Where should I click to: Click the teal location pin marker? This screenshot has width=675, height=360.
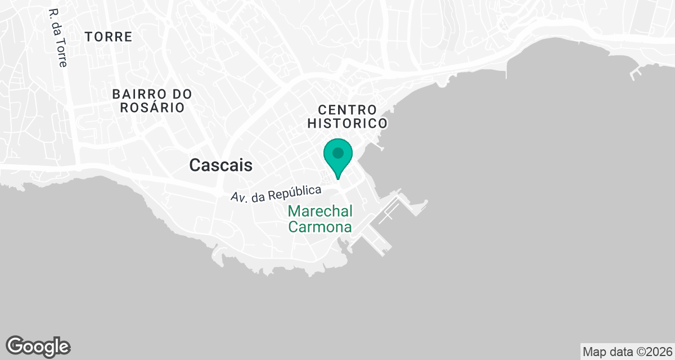click(x=338, y=157)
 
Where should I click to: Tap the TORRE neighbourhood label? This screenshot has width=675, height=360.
click(x=109, y=37)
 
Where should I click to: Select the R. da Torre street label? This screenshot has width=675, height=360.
click(x=58, y=38)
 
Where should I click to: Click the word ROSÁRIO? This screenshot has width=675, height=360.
click(x=152, y=107)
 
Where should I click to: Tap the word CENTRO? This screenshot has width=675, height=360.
click(x=346, y=109)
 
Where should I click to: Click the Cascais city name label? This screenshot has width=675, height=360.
click(x=221, y=165)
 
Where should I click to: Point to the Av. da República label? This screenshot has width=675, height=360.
click(x=276, y=193)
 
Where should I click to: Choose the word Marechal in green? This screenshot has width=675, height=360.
click(x=320, y=211)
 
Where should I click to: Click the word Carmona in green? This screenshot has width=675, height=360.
click(x=320, y=227)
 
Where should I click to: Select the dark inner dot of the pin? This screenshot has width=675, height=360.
click(x=338, y=152)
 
